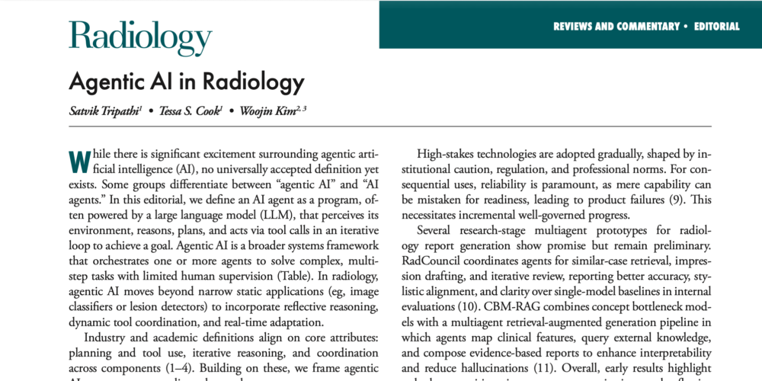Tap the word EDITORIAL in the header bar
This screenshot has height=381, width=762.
[x=716, y=26]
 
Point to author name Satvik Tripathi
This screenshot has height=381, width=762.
[x=105, y=111]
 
